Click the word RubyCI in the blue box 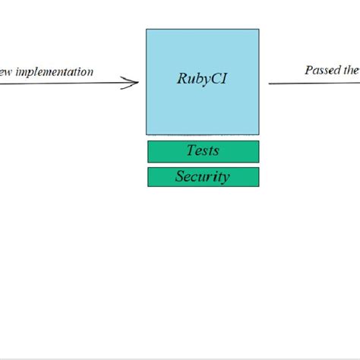pyautogui.click(x=202, y=78)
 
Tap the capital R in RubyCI pyautogui.click(x=182, y=78)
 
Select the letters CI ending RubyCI pyautogui.click(x=219, y=78)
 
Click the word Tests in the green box pyautogui.click(x=203, y=150)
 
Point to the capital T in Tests pyautogui.click(x=191, y=150)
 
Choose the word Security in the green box pyautogui.click(x=203, y=177)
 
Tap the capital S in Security pyautogui.click(x=181, y=177)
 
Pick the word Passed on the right pyautogui.click(x=321, y=70)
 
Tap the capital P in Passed pyautogui.click(x=309, y=70)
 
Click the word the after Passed pyautogui.click(x=351, y=70)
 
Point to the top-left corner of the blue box pyautogui.click(x=147, y=30)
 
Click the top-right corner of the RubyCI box pyautogui.click(x=258, y=30)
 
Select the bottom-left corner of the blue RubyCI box pyautogui.click(x=147, y=134)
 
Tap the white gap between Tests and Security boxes pyautogui.click(x=203, y=165)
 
